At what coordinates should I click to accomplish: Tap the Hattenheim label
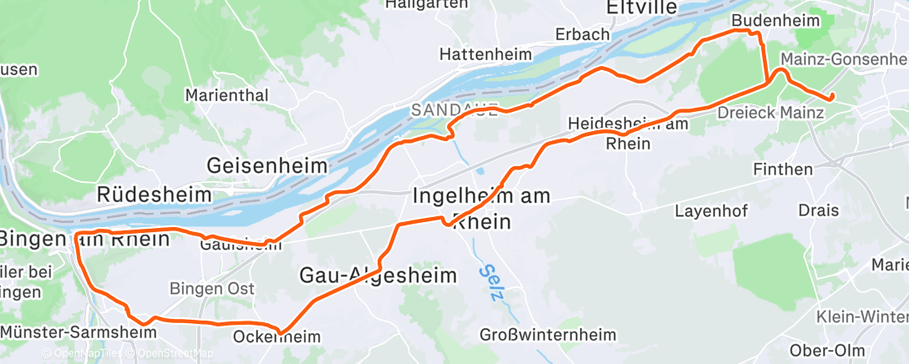pyautogui.click(x=486, y=54)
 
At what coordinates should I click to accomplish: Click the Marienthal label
pyautogui.click(x=227, y=95)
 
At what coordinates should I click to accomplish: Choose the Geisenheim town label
pyautogui.click(x=267, y=165)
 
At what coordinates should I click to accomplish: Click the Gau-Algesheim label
pyautogui.click(x=378, y=275)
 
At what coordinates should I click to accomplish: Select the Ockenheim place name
pyautogui.click(x=277, y=337)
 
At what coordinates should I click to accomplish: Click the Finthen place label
pyautogui.click(x=783, y=169)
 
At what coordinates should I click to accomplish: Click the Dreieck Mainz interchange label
pyautogui.click(x=770, y=111)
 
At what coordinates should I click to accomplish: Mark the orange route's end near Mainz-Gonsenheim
pyautogui.click(x=831, y=99)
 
